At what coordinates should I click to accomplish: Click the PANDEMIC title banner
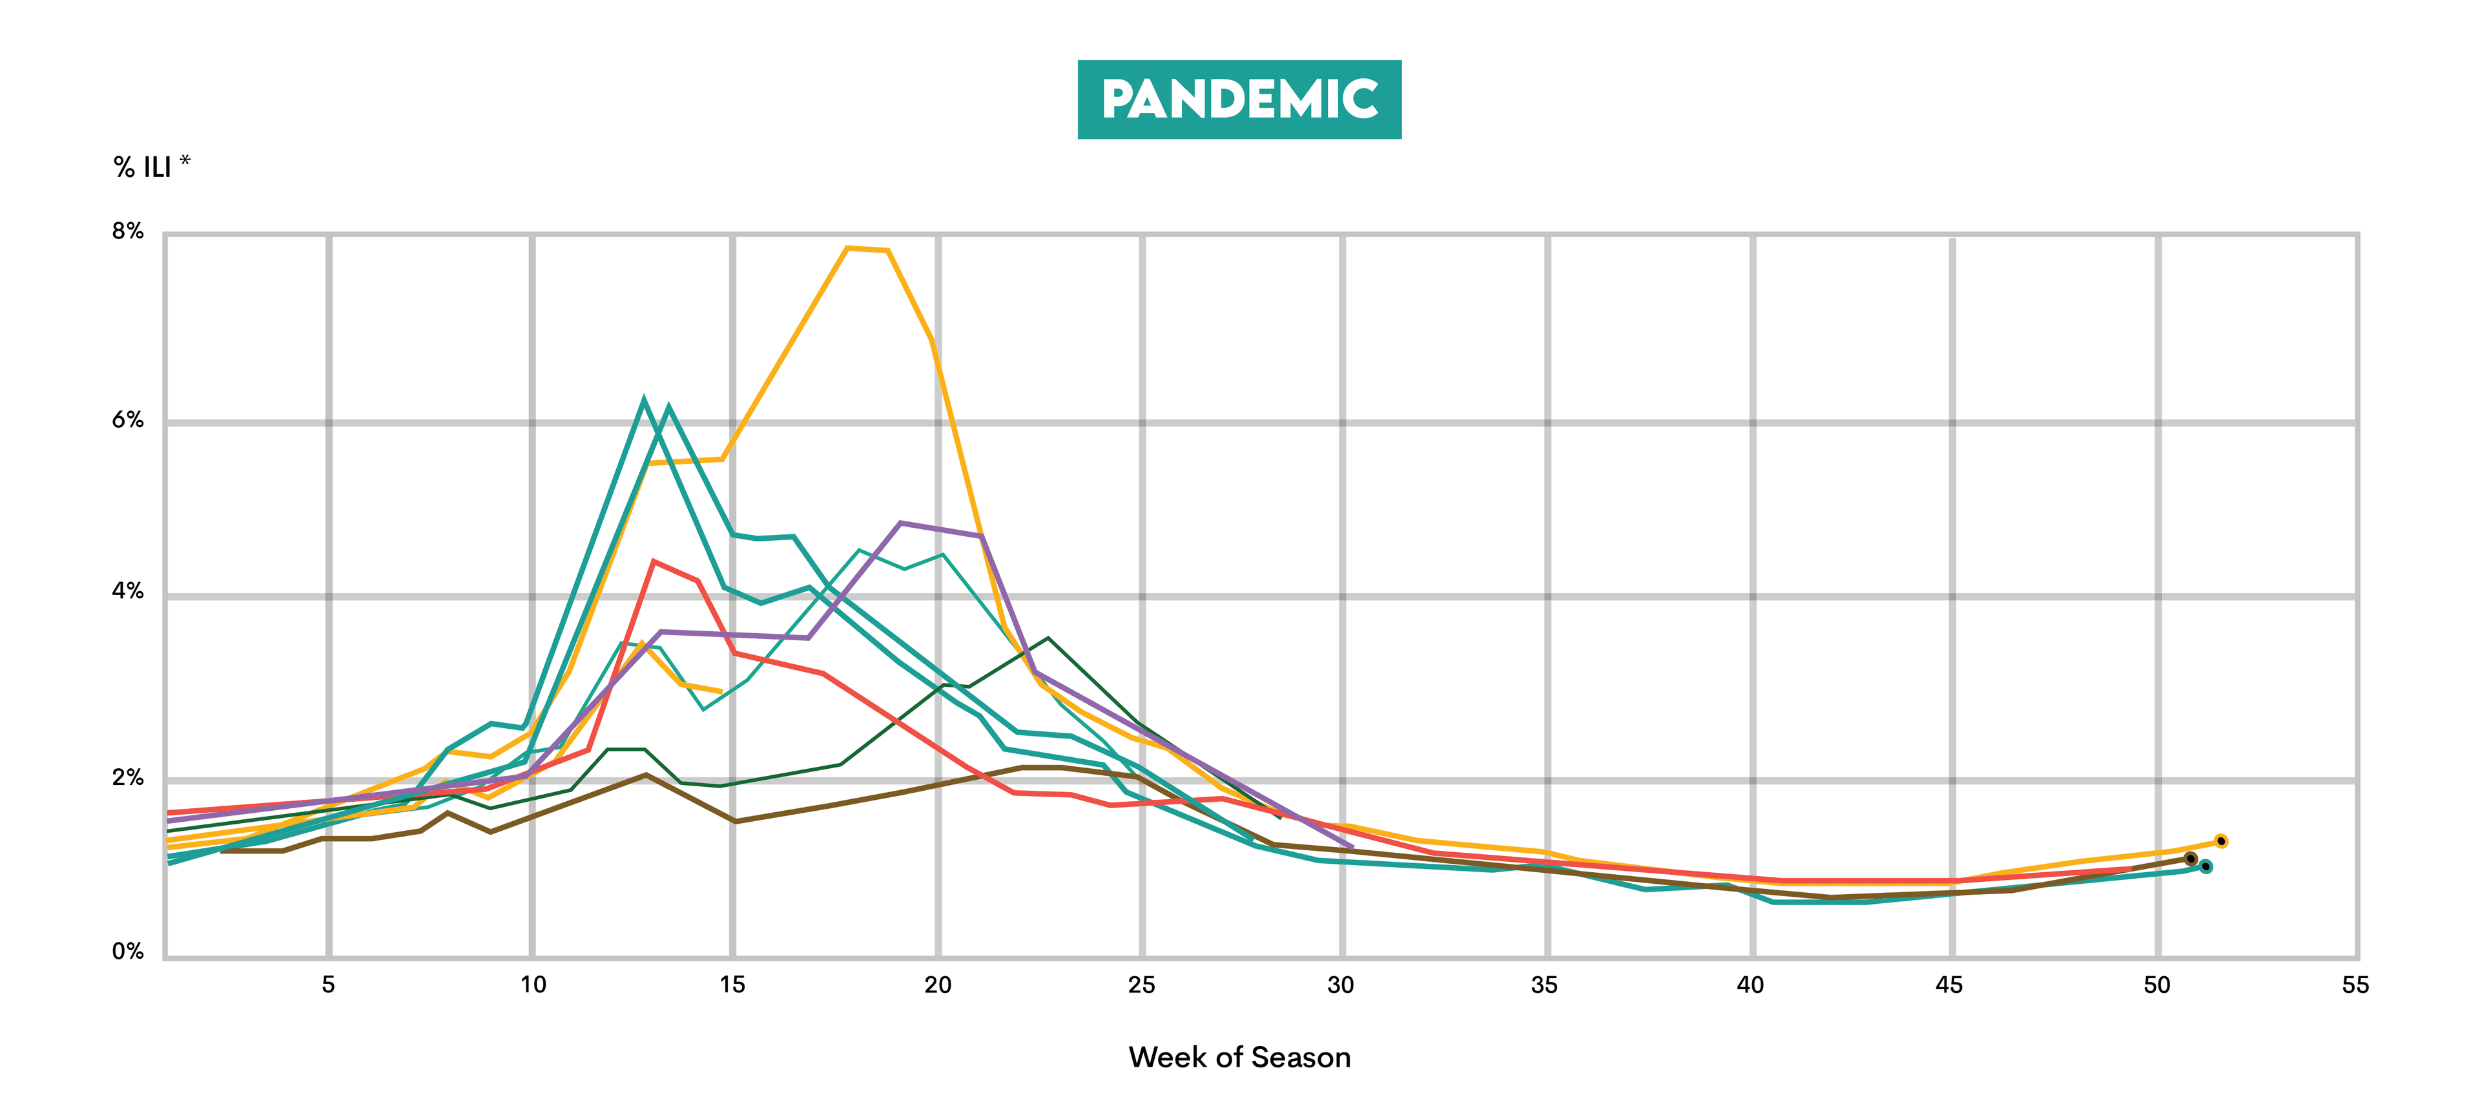(x=1239, y=99)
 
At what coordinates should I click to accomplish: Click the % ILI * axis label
(x=151, y=167)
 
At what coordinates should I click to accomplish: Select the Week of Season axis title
(x=1239, y=1058)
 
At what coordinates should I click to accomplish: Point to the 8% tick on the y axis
(x=127, y=231)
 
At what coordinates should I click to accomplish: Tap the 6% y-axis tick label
(x=127, y=420)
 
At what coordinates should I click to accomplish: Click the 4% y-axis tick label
(x=127, y=591)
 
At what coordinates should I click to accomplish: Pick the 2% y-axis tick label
(x=127, y=778)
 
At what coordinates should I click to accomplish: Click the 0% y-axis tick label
(x=127, y=952)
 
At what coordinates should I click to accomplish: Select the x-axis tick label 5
(x=328, y=984)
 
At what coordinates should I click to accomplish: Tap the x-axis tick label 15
(x=732, y=984)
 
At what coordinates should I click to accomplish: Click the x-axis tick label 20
(x=938, y=984)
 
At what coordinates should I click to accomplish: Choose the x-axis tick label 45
(x=1950, y=984)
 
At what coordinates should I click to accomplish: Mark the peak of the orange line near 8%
(x=847, y=249)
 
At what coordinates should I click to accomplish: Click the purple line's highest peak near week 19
(x=900, y=523)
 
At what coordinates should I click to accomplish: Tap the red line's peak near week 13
(x=654, y=561)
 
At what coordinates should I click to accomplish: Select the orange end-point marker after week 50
(x=2221, y=841)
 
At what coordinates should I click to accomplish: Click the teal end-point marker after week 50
(x=2206, y=866)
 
